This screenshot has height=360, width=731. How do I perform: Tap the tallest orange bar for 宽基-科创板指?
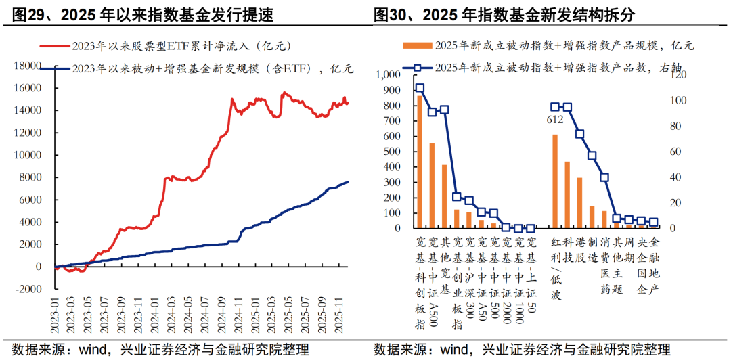(420, 162)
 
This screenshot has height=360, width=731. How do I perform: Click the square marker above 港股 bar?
(580, 134)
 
